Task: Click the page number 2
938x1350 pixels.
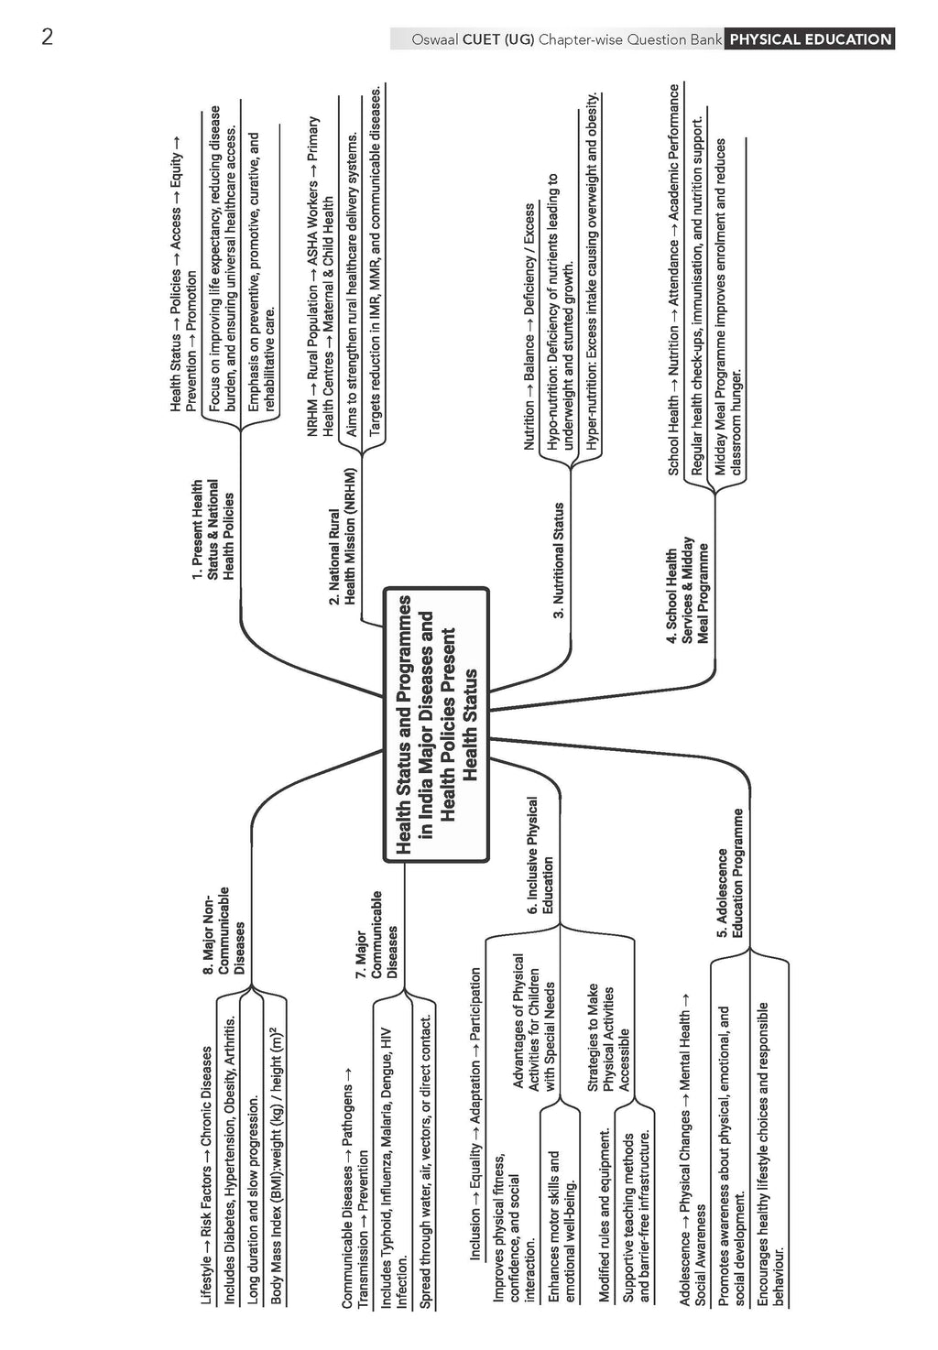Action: [x=48, y=37]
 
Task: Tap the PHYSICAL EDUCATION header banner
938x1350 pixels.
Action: [x=810, y=39]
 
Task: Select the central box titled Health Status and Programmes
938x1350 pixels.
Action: [x=436, y=724]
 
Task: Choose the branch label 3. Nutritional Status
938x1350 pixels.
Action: [x=558, y=561]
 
